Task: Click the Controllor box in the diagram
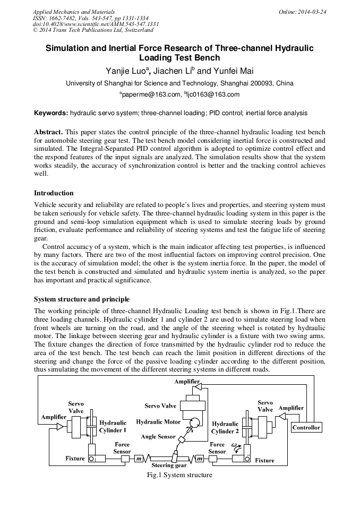(x=306, y=427)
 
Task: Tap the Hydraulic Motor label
(x=158, y=422)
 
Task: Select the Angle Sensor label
(x=158, y=437)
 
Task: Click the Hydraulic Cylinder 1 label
(x=113, y=426)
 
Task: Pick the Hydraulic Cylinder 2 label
(x=225, y=427)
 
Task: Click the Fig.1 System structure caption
(x=179, y=475)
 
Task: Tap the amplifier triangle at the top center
(x=198, y=389)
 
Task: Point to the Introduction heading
(x=54, y=193)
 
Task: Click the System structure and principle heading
(x=81, y=299)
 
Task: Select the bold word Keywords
(x=51, y=113)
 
